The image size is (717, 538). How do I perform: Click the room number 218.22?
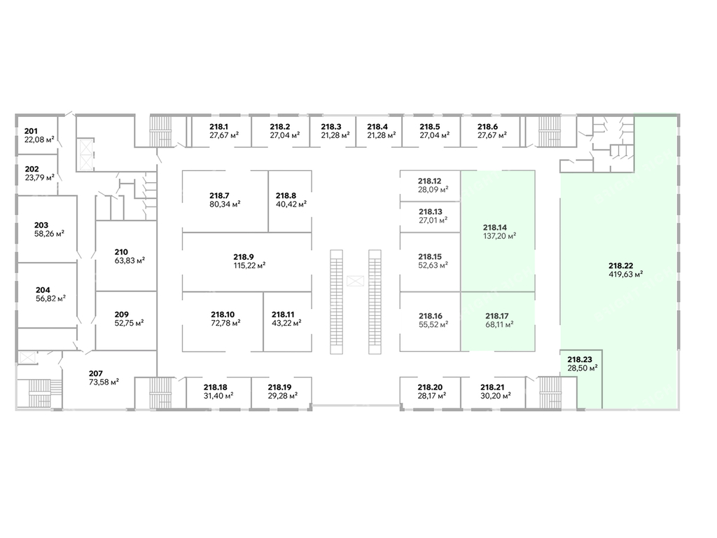tap(620, 265)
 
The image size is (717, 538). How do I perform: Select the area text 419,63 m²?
tap(626, 275)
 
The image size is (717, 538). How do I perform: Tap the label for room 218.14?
tap(494, 227)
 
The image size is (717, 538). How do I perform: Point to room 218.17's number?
tap(496, 315)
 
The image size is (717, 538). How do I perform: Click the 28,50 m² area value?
tap(583, 367)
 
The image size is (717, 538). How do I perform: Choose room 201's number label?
tap(31, 131)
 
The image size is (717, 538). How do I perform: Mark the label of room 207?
tap(96, 373)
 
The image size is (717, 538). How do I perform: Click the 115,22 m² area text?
tap(249, 265)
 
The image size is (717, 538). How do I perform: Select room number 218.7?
tap(219, 195)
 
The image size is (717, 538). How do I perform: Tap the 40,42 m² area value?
tap(291, 205)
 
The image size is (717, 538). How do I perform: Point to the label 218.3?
tap(330, 127)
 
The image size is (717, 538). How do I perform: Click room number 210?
tap(121, 251)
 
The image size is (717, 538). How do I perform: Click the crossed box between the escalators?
tap(356, 281)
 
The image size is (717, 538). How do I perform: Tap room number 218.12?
tap(430, 180)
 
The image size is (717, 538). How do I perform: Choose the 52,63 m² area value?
tap(433, 265)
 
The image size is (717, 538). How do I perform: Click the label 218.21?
tap(493, 387)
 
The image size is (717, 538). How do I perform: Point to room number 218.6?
tap(487, 127)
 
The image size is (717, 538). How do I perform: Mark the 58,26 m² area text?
tap(49, 234)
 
